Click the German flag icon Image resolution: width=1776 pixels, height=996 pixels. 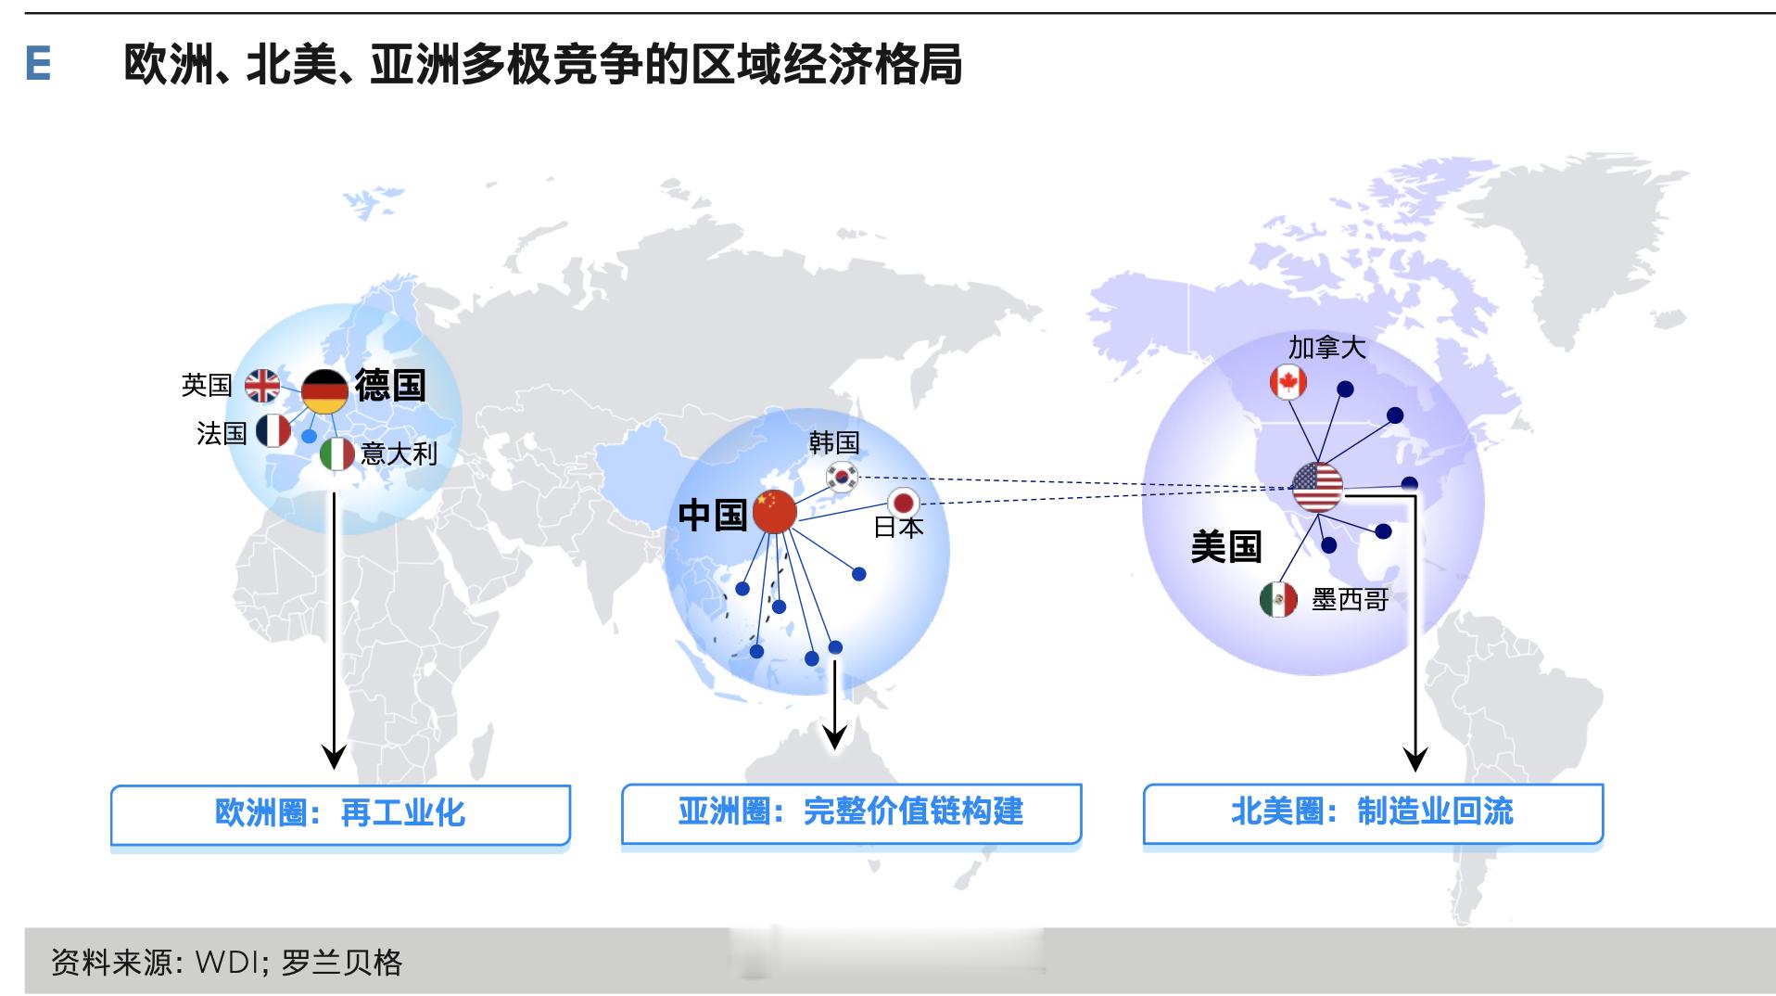pyautogui.click(x=324, y=391)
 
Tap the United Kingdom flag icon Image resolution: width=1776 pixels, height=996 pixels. pyautogui.click(x=262, y=385)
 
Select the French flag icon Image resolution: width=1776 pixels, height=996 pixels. pyautogui.click(x=273, y=430)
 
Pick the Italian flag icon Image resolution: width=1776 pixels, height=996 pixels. pyautogui.click(x=337, y=453)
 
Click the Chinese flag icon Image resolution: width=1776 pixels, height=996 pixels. pyautogui.click(x=775, y=511)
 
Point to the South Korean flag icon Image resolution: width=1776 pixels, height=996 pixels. pyautogui.click(x=843, y=477)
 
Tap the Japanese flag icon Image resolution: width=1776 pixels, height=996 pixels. pyautogui.click(x=904, y=504)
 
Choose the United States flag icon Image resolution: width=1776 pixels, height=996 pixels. pyautogui.click(x=1317, y=487)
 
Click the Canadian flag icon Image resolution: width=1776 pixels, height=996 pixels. pyautogui.click(x=1288, y=381)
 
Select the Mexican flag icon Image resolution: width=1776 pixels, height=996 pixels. pyautogui.click(x=1278, y=599)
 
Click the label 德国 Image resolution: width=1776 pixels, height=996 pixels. pyautogui.click(x=390, y=385)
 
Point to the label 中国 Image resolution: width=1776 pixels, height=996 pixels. pyautogui.click(x=713, y=515)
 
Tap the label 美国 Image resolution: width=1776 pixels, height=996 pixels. pyautogui.click(x=1226, y=547)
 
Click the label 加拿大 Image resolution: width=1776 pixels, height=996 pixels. pyautogui.click(x=1326, y=348)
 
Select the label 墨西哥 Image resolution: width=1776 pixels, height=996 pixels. pyautogui.click(x=1350, y=600)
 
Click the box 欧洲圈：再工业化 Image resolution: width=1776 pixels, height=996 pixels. pyautogui.click(x=340, y=814)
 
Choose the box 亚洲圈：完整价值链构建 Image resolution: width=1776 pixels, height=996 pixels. pyautogui.click(x=851, y=812)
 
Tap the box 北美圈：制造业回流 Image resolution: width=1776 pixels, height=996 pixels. pyautogui.click(x=1373, y=812)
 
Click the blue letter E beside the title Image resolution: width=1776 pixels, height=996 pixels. pyautogui.click(x=38, y=64)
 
